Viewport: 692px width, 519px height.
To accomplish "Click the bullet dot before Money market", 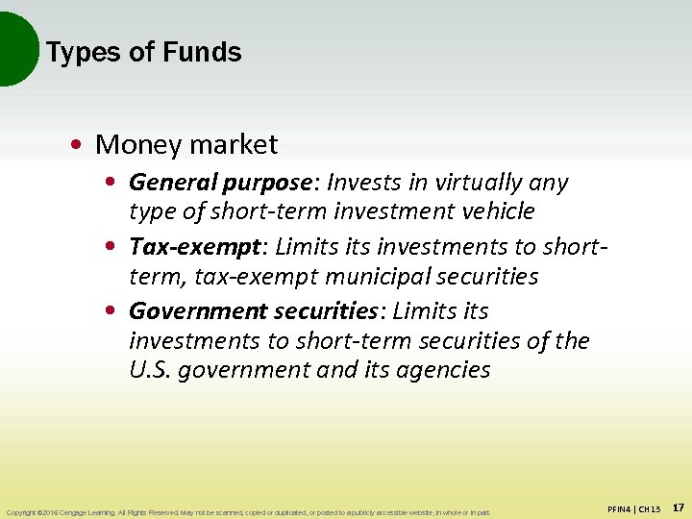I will point(75,145).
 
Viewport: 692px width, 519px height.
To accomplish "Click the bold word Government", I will point(197,311).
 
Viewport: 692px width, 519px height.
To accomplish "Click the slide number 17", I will point(678,507).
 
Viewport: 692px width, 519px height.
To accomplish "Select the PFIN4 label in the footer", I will point(621,508).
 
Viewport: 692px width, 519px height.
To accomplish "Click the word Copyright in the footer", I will point(22,512).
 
